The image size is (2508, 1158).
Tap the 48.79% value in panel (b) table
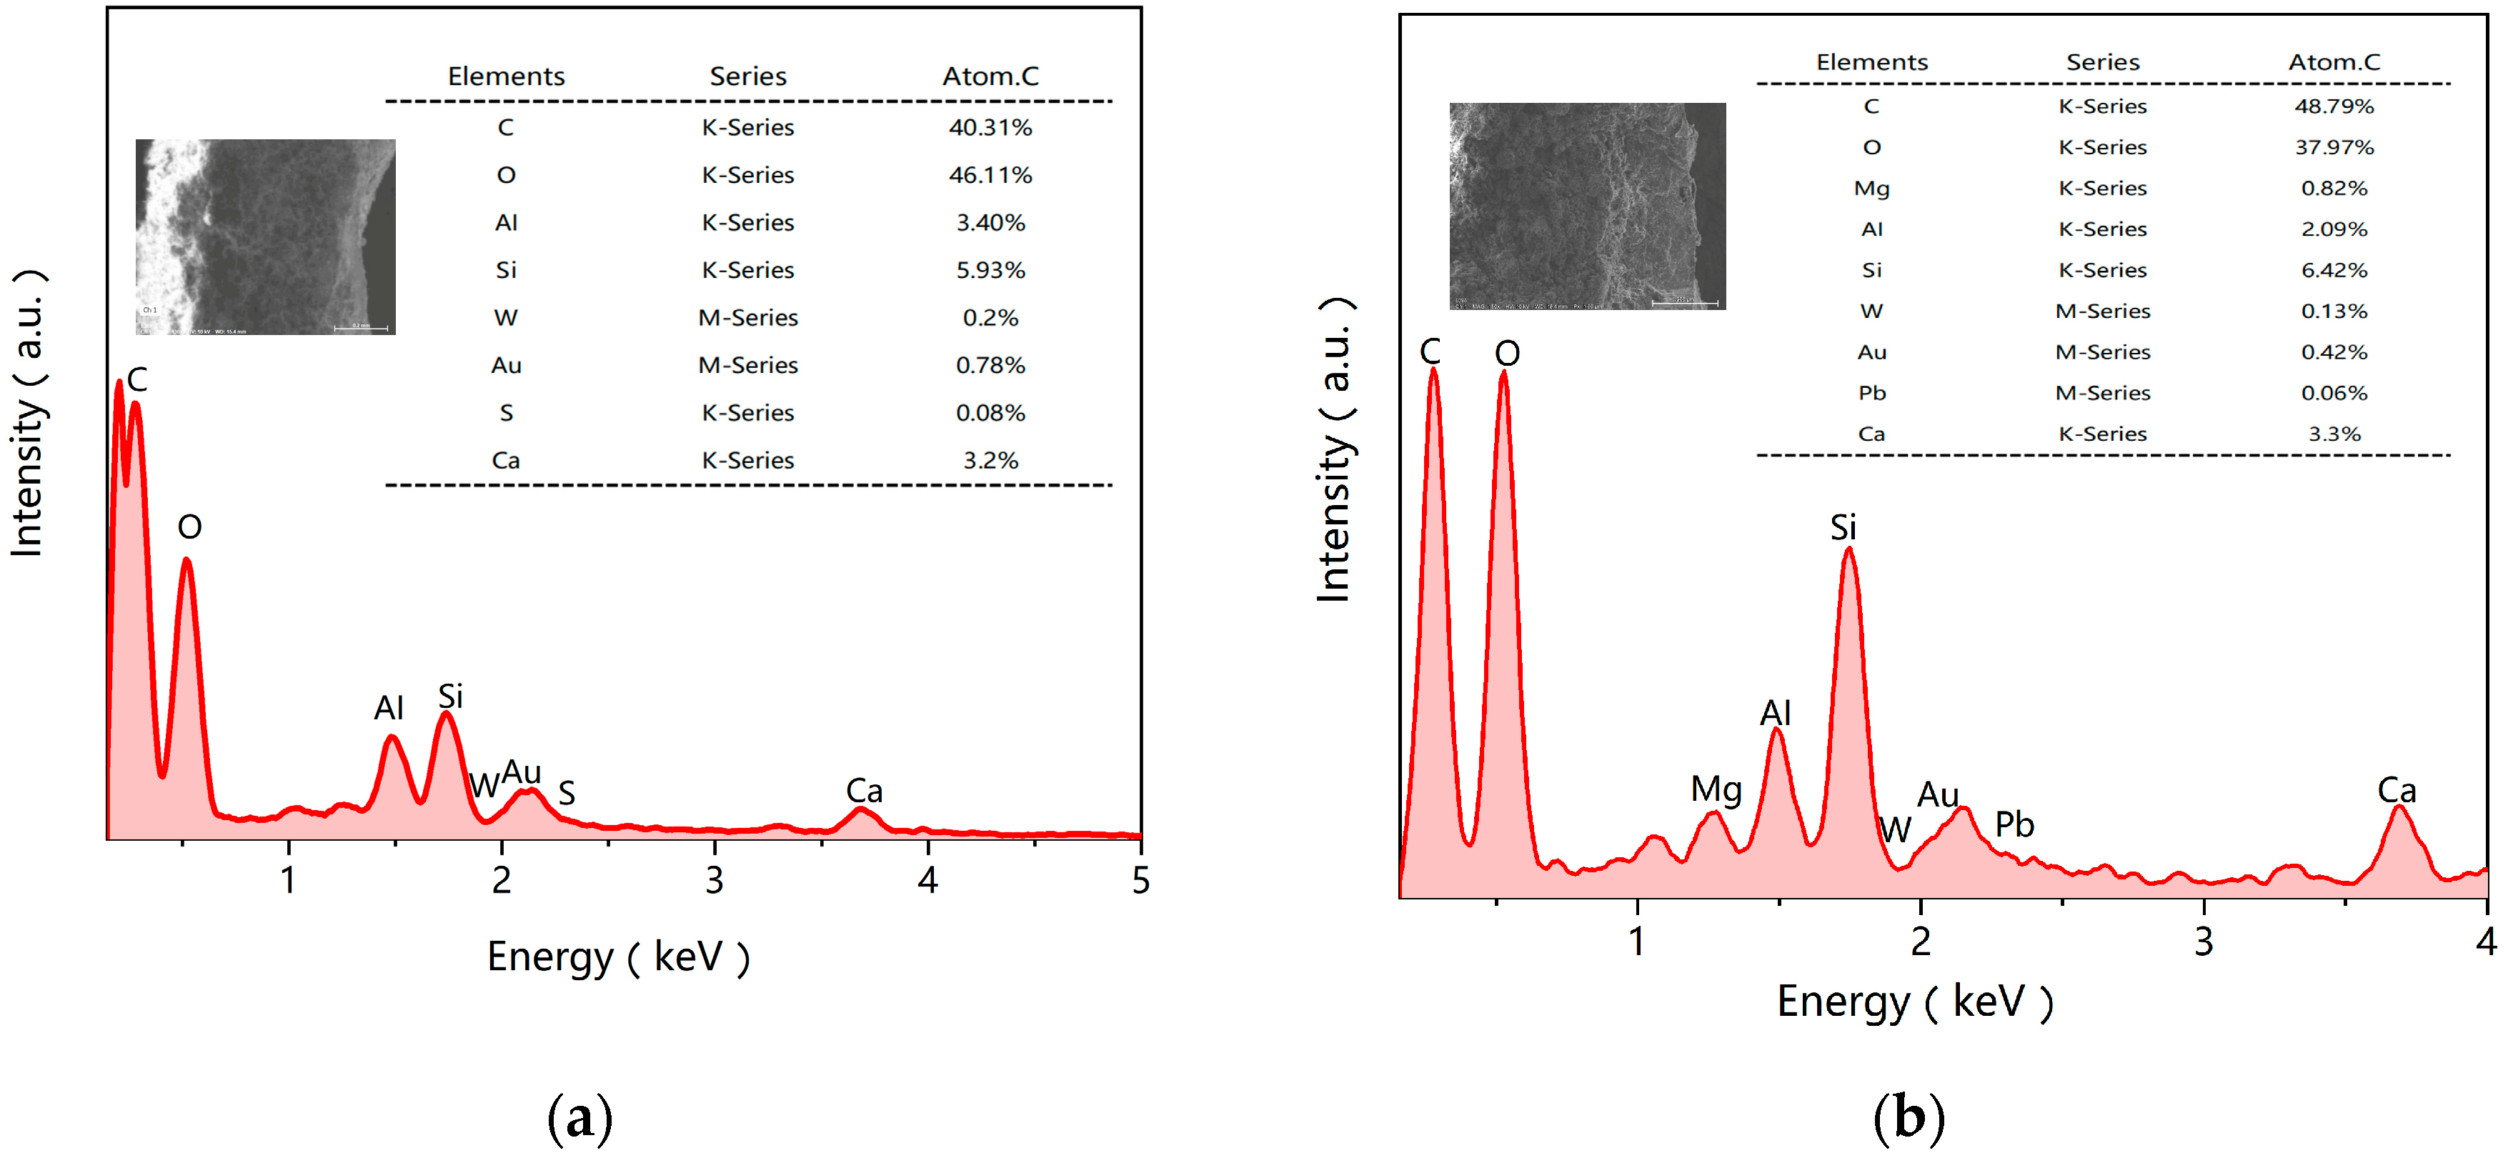pos(2333,106)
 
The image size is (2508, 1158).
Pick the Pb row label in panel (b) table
pos(1871,393)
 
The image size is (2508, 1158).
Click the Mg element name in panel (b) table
pos(1871,188)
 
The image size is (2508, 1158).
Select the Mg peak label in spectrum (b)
pos(1716,789)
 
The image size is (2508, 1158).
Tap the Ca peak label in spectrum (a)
pos(864,791)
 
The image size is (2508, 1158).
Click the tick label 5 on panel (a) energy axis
pos(1140,881)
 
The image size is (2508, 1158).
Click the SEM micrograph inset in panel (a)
pos(265,236)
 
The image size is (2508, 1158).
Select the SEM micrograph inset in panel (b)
pos(1586,206)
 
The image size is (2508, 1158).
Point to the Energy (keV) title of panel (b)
pos(1914,1002)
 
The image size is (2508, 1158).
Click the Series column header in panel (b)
pos(2102,62)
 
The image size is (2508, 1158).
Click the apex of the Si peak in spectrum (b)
pos(1848,551)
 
